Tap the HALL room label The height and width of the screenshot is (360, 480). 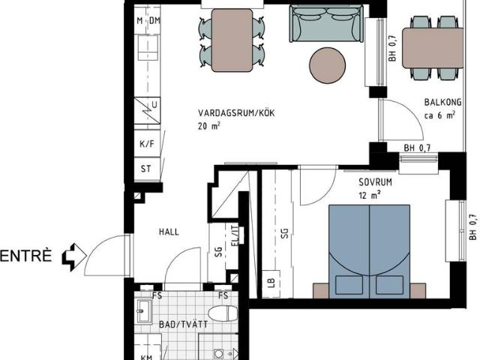pyautogui.click(x=169, y=232)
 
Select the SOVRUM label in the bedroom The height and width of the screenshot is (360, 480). pyautogui.click(x=375, y=182)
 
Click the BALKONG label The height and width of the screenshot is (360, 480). pyautogui.click(x=442, y=102)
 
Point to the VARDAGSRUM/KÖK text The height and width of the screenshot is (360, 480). pyautogui.click(x=236, y=113)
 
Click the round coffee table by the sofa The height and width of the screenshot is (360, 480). pyautogui.click(x=327, y=65)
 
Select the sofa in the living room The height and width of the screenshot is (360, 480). pyautogui.click(x=327, y=23)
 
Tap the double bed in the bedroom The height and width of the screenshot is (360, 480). pyautogui.click(x=369, y=252)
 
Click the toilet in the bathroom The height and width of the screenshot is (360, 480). pyautogui.click(x=223, y=313)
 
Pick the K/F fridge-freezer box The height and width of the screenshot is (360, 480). pyautogui.click(x=147, y=143)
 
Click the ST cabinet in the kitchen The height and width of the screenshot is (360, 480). pyautogui.click(x=147, y=169)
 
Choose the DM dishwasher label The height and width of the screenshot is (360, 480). pyautogui.click(x=155, y=21)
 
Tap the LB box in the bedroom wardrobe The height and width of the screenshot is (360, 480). pyautogui.click(x=271, y=283)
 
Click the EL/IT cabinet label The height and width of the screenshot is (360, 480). pyautogui.click(x=235, y=236)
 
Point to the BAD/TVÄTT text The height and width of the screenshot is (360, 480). pyautogui.click(x=183, y=325)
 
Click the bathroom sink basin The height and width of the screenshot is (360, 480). pyautogui.click(x=143, y=311)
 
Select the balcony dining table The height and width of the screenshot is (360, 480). pyautogui.click(x=433, y=48)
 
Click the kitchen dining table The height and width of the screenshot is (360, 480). pyautogui.click(x=232, y=40)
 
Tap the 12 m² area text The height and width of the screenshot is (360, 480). pyautogui.click(x=370, y=195)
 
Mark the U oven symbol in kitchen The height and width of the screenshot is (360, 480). pyautogui.click(x=147, y=110)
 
